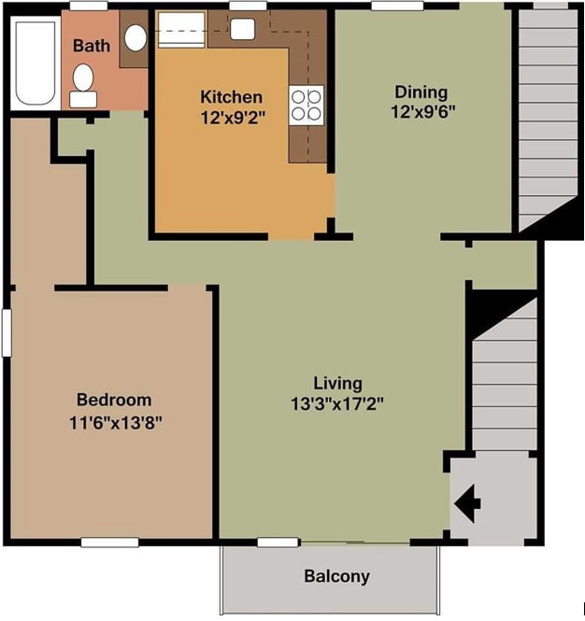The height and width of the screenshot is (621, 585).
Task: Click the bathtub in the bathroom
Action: coord(36,63)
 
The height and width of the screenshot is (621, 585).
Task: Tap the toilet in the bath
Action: coord(83,86)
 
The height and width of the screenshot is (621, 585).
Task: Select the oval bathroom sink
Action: coord(136,37)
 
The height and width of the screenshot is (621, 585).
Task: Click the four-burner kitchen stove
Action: coord(306,106)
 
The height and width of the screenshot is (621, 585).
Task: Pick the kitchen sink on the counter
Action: coord(242,29)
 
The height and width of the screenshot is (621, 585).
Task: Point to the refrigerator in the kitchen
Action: coord(181,30)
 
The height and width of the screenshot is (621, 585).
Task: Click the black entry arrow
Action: coord(467,504)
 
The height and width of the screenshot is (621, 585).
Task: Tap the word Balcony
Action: coord(337,577)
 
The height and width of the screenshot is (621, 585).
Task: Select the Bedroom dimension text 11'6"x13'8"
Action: coord(116,423)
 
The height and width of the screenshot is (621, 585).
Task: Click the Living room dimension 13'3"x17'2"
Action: coord(337,404)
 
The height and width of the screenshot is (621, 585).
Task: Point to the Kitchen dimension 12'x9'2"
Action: coord(233,118)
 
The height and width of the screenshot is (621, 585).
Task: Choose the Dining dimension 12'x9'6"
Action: coord(422,112)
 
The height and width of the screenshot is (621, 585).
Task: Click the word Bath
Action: coord(92,46)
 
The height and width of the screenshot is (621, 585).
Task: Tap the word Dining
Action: coord(421,92)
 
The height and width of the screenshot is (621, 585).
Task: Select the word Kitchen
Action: coord(232,97)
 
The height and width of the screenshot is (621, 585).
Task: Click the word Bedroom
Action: coord(114,400)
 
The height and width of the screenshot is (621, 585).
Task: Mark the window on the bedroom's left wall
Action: coord(7,332)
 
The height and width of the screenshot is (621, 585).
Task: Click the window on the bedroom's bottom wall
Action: coord(109,543)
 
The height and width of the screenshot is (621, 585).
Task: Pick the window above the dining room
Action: coord(397,6)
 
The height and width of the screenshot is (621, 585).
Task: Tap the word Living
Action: coord(338,384)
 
